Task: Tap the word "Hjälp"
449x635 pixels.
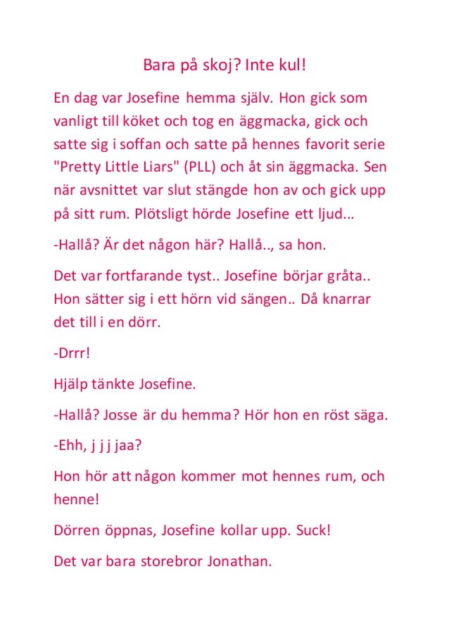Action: pos(71,385)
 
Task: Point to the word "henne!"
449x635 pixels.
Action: pos(76,500)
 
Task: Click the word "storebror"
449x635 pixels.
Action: pos(170,561)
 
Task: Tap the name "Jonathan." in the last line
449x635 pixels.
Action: pos(239,561)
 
